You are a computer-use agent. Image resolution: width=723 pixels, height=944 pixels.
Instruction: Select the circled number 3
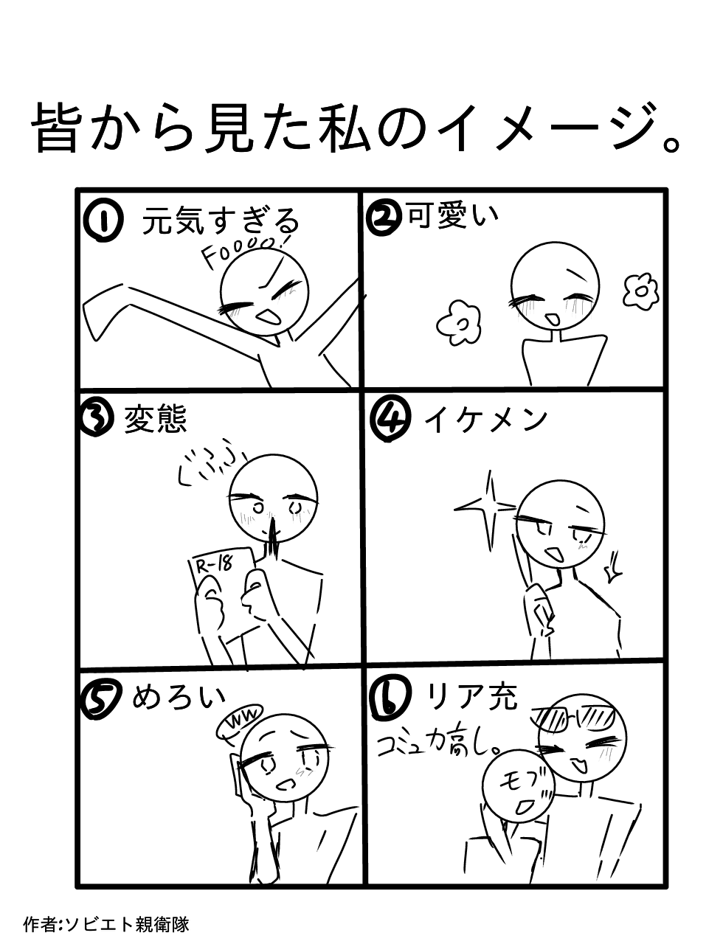pyautogui.click(x=95, y=418)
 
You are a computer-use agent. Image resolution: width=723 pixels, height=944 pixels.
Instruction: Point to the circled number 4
pyautogui.click(x=387, y=421)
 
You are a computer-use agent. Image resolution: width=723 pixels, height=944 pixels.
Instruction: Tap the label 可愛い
pyautogui.click(x=453, y=215)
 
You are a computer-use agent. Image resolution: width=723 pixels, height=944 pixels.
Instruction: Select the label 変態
pyautogui.click(x=155, y=418)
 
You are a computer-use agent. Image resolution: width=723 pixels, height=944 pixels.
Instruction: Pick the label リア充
pyautogui.click(x=472, y=697)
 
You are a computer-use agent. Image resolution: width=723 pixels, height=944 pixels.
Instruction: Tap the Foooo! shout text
pyautogui.click(x=246, y=250)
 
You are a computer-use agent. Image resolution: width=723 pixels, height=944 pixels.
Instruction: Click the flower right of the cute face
pyautogui.click(x=640, y=291)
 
